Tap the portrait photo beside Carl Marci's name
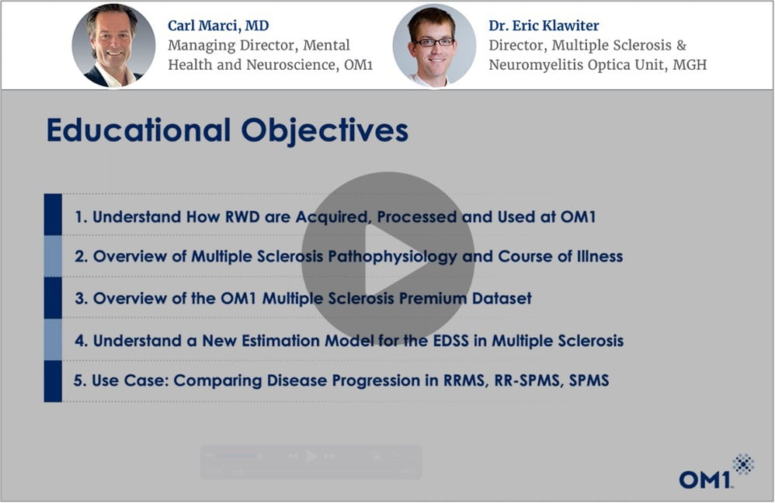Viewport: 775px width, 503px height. (113, 46)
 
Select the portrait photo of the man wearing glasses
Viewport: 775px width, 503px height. (434, 46)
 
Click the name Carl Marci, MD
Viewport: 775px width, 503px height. (218, 26)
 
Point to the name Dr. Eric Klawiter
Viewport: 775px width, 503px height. (544, 26)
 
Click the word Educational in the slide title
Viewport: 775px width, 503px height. (139, 130)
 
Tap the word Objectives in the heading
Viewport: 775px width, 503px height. (325, 131)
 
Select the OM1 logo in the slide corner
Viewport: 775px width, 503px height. (716, 471)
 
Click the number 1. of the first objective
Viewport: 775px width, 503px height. (81, 217)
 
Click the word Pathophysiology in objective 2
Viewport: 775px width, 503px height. (393, 257)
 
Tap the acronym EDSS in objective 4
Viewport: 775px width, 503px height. (450, 341)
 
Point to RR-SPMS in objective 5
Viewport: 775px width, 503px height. (527, 380)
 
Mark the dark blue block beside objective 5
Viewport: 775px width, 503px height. (53, 381)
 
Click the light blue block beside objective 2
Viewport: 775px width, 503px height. (53, 256)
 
